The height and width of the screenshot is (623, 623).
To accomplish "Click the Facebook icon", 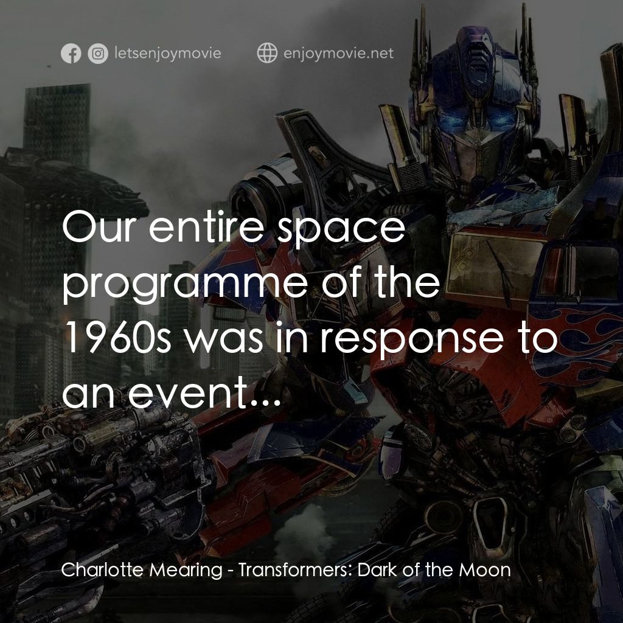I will [x=71, y=54].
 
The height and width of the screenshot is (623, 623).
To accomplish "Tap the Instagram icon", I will [x=97, y=54].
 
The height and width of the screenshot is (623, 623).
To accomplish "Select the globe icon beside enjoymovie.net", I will [x=267, y=54].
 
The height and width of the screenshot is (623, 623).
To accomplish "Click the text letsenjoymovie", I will [x=167, y=54].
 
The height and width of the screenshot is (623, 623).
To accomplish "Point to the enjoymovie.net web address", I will [x=338, y=54].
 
